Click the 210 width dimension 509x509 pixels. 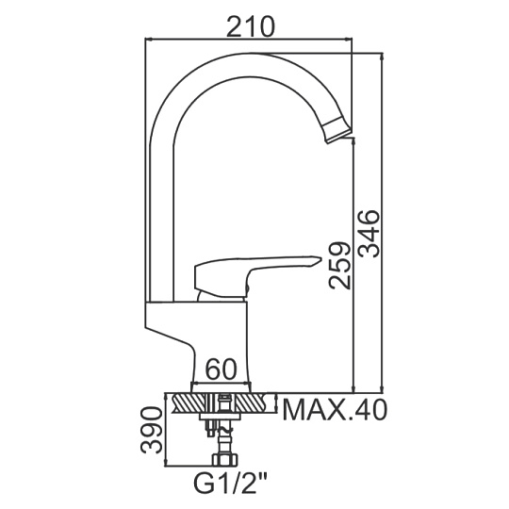(x=251, y=26)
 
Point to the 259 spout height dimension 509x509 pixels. (x=339, y=265)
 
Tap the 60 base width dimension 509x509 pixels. (x=222, y=369)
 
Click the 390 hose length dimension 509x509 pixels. (x=151, y=430)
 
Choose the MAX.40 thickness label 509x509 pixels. (x=335, y=410)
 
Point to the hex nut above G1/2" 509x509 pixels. (x=225, y=460)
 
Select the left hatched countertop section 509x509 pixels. (x=189, y=402)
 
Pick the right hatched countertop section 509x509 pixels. (x=255, y=402)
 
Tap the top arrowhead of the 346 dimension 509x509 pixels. (x=383, y=57)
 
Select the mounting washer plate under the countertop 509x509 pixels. (x=222, y=417)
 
